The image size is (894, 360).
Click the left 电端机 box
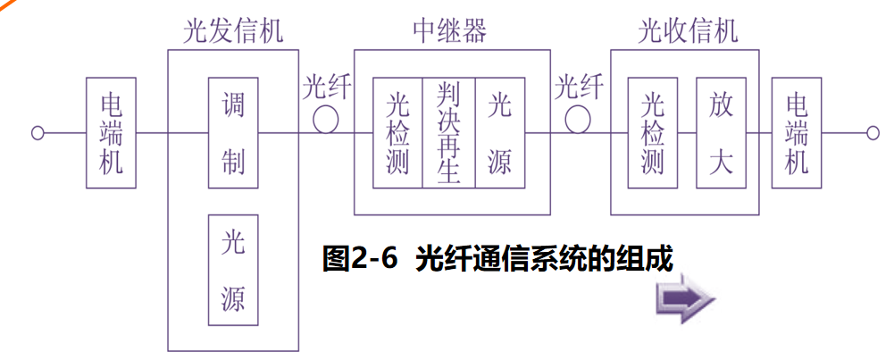point(111,133)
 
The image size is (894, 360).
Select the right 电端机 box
point(797,133)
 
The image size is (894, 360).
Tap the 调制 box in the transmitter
point(232,133)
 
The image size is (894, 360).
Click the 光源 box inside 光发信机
point(232,270)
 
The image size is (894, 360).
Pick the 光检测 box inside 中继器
point(397,133)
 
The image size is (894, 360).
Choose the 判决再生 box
point(448,133)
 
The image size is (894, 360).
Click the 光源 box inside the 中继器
point(499,133)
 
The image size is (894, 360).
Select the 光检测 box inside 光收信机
point(653,133)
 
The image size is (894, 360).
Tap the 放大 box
point(721,133)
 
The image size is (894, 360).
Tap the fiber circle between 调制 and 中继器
point(325,121)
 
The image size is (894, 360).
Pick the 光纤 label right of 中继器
point(579,88)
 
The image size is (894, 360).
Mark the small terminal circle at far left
point(38,133)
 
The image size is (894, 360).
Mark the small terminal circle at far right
point(872,133)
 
